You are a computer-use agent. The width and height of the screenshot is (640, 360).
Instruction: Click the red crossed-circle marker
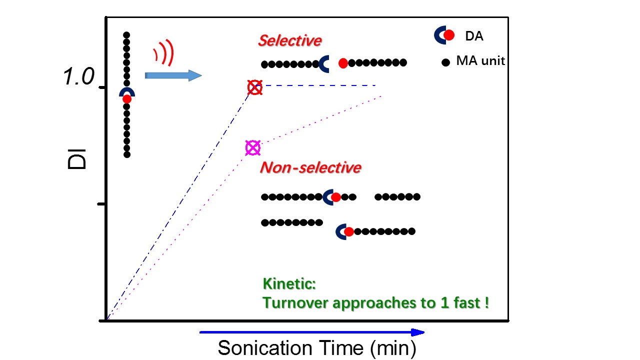[x=255, y=87]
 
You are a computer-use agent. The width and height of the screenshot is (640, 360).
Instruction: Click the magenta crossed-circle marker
[x=253, y=147]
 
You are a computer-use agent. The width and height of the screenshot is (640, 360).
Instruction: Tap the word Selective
[x=289, y=40]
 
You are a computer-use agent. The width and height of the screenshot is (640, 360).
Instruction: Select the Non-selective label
[x=310, y=167]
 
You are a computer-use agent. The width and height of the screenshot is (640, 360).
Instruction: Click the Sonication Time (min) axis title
[x=316, y=347]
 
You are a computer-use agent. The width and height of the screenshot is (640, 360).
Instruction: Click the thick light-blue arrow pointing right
[x=173, y=75]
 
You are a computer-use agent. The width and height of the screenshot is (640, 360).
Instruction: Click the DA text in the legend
[x=474, y=36]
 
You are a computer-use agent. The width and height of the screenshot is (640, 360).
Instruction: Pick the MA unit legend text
[x=480, y=61]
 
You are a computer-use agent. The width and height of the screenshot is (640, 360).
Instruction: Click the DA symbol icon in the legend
[x=444, y=34]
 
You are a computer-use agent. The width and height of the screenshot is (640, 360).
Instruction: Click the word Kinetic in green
[x=289, y=284]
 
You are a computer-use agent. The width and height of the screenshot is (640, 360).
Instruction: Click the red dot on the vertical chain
[x=127, y=99]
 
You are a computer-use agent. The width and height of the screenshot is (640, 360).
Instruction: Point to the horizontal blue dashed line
[x=320, y=85]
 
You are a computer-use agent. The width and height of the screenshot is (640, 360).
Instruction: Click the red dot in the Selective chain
[x=343, y=63]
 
